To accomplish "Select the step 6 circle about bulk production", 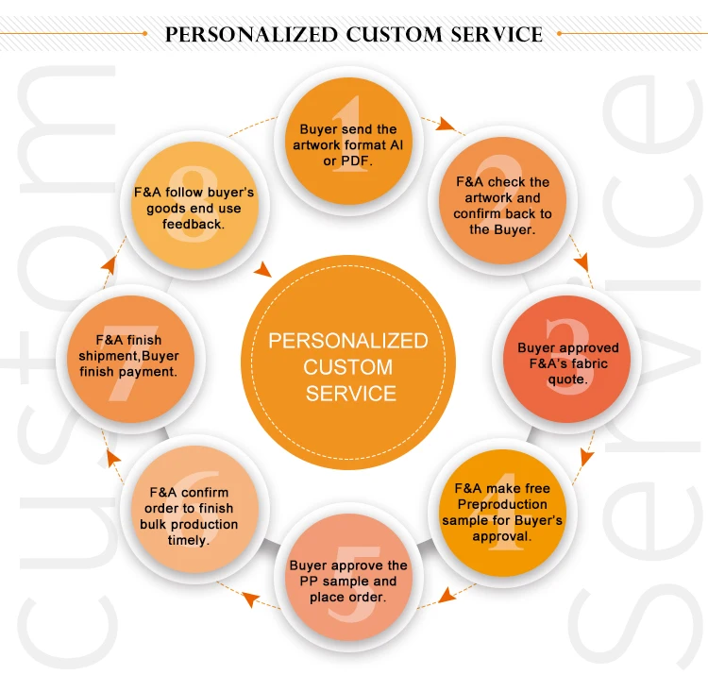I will [194, 515].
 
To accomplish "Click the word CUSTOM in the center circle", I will [348, 366].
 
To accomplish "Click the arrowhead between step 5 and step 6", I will [248, 597].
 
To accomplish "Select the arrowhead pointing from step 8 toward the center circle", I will [263, 270].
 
